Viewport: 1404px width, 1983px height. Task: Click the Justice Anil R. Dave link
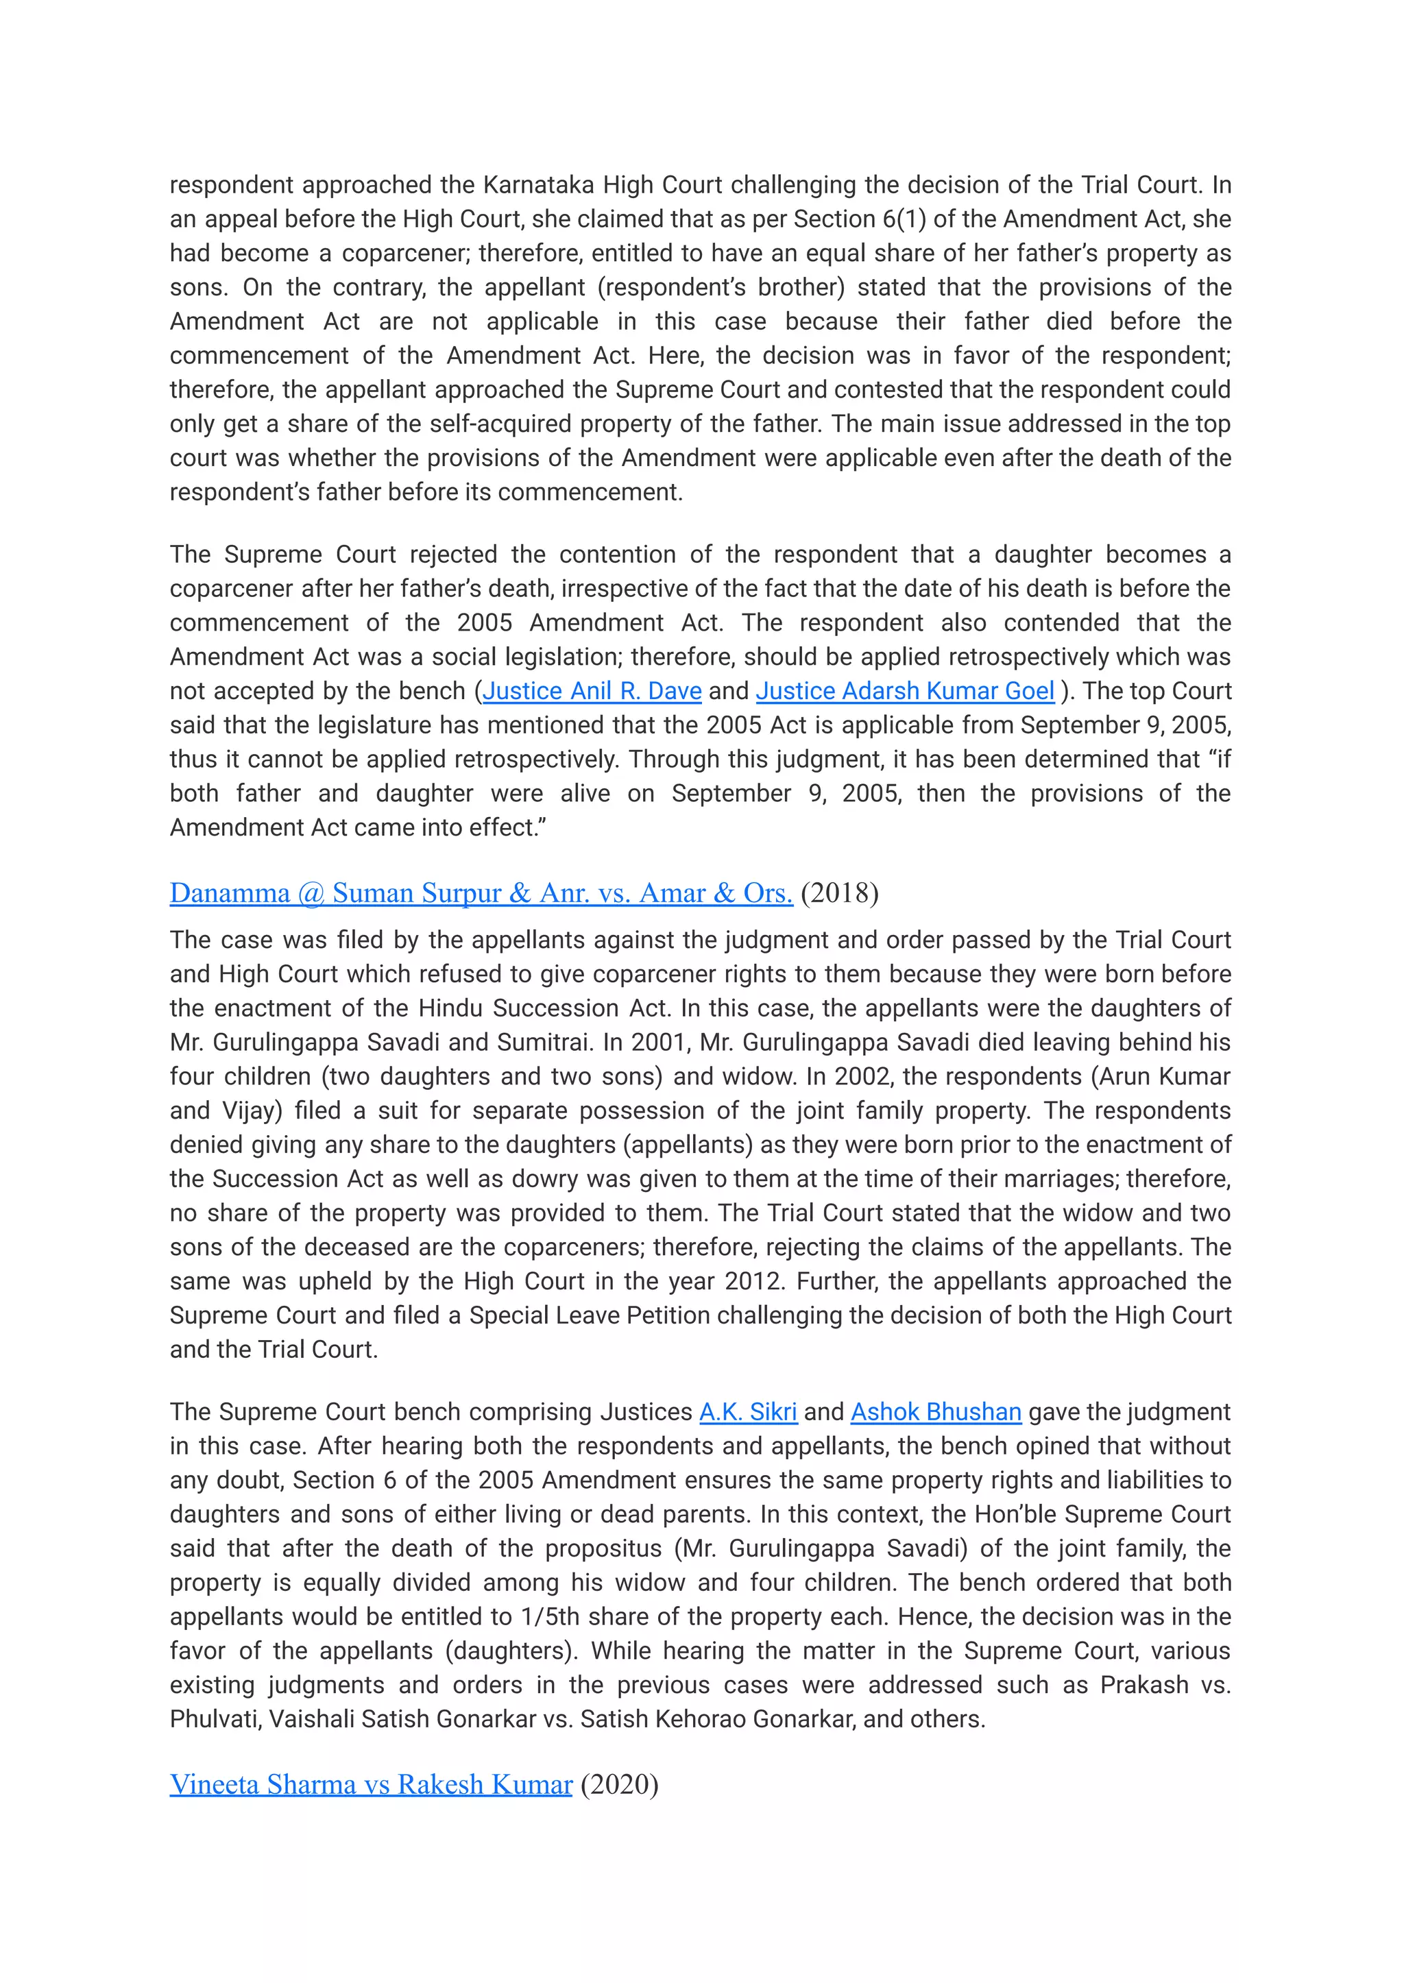point(592,691)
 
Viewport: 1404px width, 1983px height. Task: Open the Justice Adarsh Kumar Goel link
point(904,691)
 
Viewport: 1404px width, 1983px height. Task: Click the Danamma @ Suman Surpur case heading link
point(481,893)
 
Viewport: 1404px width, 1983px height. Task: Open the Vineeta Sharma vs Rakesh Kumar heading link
point(371,1784)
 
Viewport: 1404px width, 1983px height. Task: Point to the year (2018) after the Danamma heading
point(840,893)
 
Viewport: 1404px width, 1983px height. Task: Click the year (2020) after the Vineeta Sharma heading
point(619,1784)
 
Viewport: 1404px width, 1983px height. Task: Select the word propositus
point(604,1548)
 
